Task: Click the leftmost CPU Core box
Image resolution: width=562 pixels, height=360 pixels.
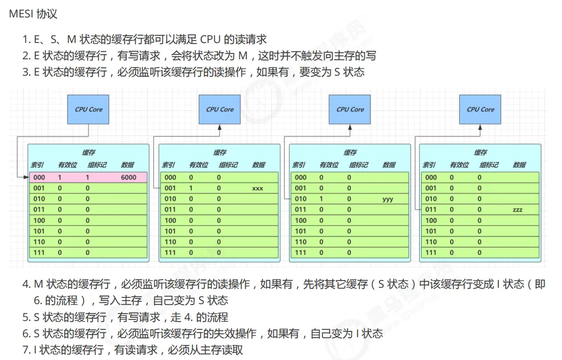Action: pos(88,109)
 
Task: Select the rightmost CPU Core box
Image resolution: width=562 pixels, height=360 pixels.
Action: pos(480,109)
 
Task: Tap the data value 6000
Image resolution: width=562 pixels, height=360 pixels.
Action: pos(129,177)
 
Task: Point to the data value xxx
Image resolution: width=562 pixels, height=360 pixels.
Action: pos(258,188)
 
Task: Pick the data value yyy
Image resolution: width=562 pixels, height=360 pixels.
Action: pos(388,199)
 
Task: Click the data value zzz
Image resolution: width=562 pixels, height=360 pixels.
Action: pos(517,209)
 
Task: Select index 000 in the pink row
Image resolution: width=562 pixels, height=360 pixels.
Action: pos(39,177)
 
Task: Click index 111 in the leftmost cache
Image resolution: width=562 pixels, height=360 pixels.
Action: pos(39,252)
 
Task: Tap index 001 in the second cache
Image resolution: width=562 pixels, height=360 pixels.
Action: pos(170,188)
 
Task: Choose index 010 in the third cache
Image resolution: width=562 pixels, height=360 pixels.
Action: pos(301,199)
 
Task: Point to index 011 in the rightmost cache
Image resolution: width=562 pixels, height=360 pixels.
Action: pos(430,209)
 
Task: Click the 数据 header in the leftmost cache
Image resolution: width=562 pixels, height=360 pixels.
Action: pos(128,165)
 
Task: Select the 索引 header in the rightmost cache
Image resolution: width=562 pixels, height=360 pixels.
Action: pos(429,165)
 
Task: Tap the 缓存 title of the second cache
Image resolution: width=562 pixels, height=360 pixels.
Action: pos(220,153)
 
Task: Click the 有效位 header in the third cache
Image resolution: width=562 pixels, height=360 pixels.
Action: pos(328,165)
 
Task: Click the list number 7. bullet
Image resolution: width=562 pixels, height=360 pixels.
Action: pos(26,350)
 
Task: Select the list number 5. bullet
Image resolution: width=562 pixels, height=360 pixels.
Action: pos(26,317)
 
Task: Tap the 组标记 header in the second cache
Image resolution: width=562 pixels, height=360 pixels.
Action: pos(228,165)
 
